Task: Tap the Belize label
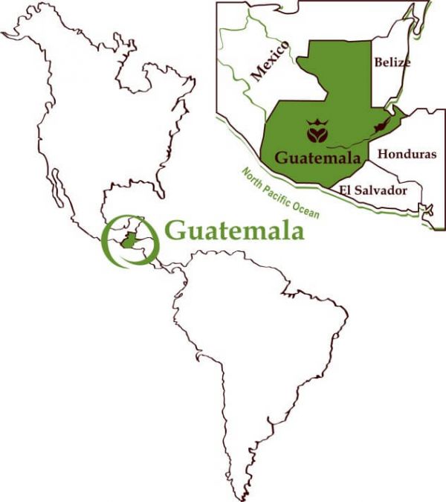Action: tap(392, 62)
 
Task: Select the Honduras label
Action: tap(407, 154)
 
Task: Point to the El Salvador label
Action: tap(372, 190)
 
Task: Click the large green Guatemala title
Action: tap(234, 231)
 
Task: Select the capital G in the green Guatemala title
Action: tap(175, 231)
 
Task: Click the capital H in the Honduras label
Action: tap(384, 154)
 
